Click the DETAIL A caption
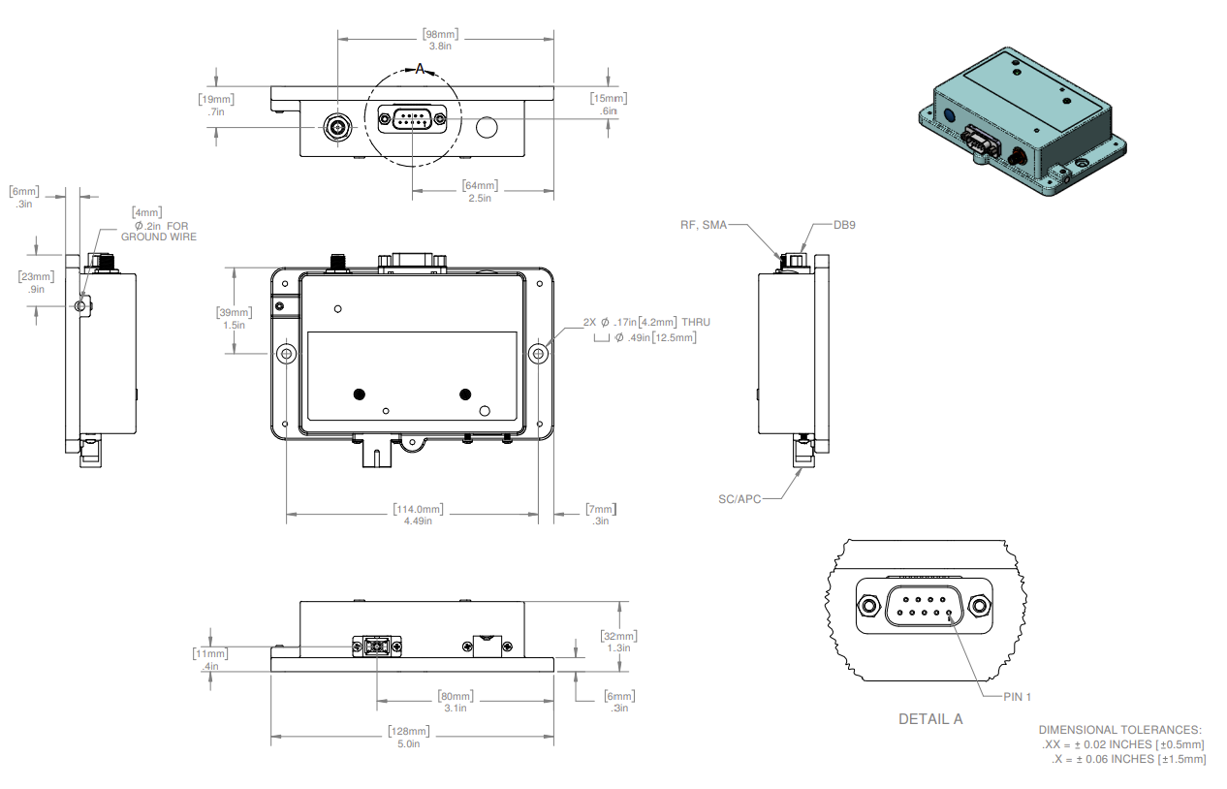930,719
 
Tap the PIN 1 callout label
1012,696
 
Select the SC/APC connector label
739,498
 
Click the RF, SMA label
703,225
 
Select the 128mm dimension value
408,731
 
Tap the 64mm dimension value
480,185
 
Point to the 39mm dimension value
234,312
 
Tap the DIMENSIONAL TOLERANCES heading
1119,729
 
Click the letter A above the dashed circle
420,68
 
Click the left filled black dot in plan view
360,394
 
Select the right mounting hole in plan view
540,354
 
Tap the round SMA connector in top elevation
337,126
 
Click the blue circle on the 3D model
950,114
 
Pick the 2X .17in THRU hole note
646,322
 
